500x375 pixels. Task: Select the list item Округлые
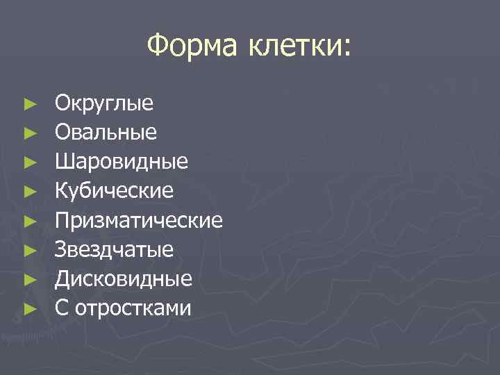104,104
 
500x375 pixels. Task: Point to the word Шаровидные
122,162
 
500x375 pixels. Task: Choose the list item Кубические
115,192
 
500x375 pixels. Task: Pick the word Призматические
139,221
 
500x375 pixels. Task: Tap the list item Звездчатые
115,250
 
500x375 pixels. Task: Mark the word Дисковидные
124,279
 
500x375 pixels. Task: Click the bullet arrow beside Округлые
28,104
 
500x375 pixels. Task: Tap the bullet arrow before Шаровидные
28,162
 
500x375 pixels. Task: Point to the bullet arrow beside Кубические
28,192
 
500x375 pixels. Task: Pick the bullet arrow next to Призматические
28,221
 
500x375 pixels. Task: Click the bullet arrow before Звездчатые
28,250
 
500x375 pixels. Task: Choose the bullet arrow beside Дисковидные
28,279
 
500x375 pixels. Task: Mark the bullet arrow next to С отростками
28,308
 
